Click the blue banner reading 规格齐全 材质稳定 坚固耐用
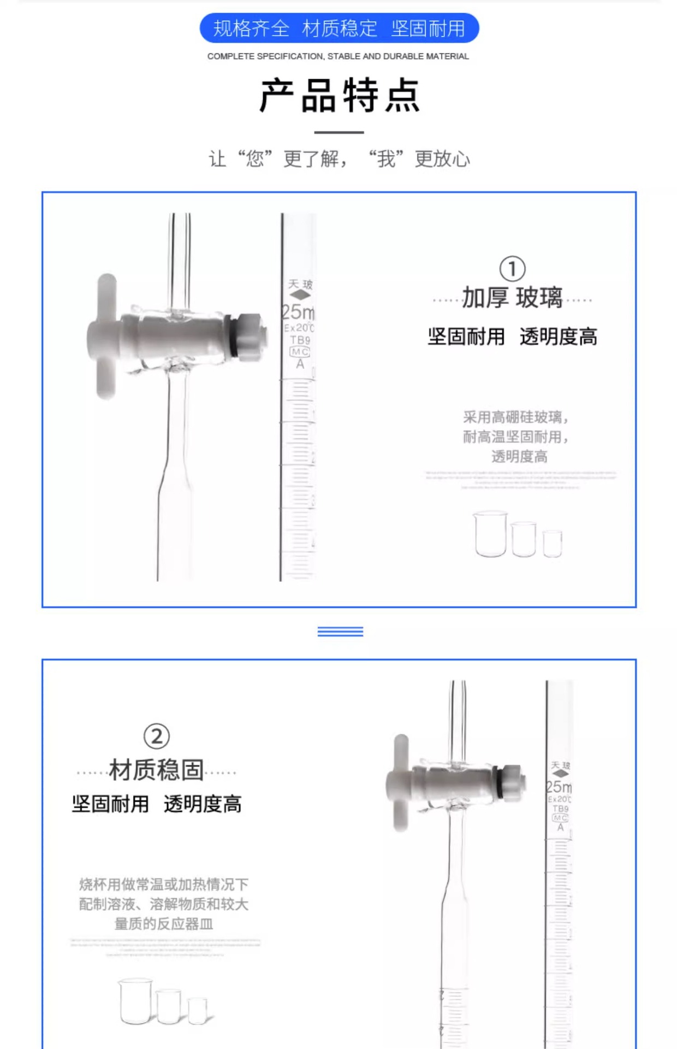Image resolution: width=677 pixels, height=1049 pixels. click(x=339, y=28)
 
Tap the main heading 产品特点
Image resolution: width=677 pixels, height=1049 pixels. click(x=339, y=96)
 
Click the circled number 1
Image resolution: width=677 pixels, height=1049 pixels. click(x=512, y=269)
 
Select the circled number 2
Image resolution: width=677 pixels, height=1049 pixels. click(x=156, y=736)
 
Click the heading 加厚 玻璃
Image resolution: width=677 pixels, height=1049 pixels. click(x=512, y=298)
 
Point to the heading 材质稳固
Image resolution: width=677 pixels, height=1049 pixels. click(x=156, y=770)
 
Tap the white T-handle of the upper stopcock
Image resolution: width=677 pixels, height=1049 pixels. click(x=105, y=336)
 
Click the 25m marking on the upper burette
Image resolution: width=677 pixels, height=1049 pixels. click(x=299, y=312)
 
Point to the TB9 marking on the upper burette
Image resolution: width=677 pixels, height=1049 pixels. click(x=300, y=340)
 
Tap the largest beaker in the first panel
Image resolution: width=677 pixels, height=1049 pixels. click(x=490, y=534)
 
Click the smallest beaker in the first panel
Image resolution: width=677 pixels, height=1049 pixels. click(x=553, y=543)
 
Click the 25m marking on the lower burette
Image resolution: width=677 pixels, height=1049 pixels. click(x=560, y=787)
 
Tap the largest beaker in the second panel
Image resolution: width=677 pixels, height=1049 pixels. click(x=135, y=1001)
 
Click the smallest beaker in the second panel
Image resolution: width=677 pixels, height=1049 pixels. click(x=198, y=1010)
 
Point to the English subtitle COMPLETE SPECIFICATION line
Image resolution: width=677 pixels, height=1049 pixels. click(x=338, y=56)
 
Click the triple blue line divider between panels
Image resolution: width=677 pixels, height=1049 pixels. click(x=340, y=632)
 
